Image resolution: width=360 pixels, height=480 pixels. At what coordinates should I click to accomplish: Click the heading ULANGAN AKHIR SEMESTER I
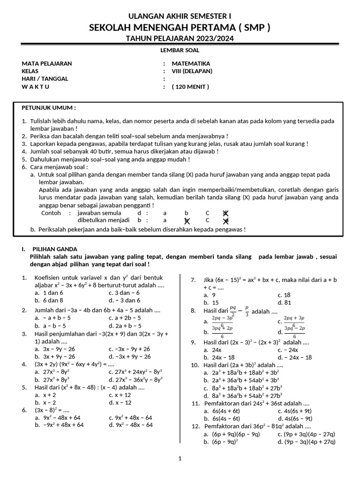pos(180,16)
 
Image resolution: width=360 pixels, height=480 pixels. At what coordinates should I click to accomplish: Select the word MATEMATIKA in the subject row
pos(191,63)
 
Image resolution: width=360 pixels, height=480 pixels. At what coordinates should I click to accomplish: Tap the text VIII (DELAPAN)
pos(192,71)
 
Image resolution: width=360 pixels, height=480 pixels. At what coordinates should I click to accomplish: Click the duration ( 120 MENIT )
pos(190,86)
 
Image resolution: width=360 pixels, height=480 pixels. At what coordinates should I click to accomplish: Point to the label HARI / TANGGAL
pos(45,78)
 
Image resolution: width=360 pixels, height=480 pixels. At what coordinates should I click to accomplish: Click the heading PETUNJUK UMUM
pos(49,107)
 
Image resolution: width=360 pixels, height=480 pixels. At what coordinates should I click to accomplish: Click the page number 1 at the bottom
pos(180,458)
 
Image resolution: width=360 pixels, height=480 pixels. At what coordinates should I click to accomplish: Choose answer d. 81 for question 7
pos(284,302)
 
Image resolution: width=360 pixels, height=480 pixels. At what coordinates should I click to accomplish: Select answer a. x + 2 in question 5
pos(45,395)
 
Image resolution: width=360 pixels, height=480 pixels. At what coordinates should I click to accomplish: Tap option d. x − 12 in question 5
pos(120,402)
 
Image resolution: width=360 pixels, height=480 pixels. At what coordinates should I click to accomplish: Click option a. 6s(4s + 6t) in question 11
pos(222,411)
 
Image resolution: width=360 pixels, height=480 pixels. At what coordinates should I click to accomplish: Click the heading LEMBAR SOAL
pos(180,50)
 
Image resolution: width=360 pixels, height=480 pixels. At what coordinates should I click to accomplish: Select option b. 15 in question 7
pos(211,302)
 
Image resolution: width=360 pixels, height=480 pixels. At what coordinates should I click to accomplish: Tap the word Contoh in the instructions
pos(52,212)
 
